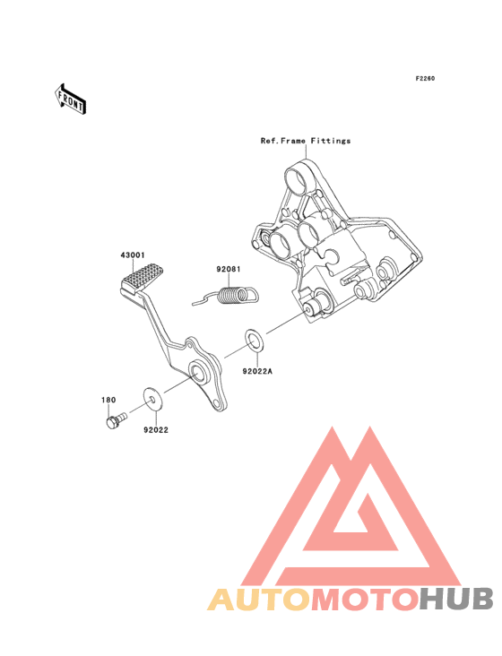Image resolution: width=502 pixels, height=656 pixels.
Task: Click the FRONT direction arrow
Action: click(70, 99)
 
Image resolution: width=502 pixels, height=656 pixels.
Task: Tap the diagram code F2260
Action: click(425, 78)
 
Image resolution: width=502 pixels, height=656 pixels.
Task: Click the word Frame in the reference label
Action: click(293, 141)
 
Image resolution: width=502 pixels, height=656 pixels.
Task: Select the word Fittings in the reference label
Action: click(331, 141)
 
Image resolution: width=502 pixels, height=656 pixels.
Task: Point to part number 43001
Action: click(133, 255)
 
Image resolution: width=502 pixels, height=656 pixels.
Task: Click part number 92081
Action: click(229, 269)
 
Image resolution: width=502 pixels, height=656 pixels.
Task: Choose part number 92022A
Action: click(257, 371)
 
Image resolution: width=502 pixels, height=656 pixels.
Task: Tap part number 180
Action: click(108, 400)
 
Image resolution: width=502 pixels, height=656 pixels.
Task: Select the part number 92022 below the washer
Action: click(156, 430)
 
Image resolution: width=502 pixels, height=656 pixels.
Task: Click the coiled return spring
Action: click(226, 295)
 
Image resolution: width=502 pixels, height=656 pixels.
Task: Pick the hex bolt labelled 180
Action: click(116, 420)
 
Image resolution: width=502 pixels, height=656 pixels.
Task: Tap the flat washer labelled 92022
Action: click(152, 399)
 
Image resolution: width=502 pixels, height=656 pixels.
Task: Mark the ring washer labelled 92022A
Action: click(254, 341)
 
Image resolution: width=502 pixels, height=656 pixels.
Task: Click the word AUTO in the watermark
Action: click(260, 600)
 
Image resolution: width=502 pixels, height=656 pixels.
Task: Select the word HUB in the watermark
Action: click(457, 600)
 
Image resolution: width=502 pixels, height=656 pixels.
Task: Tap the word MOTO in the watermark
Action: click(366, 600)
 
